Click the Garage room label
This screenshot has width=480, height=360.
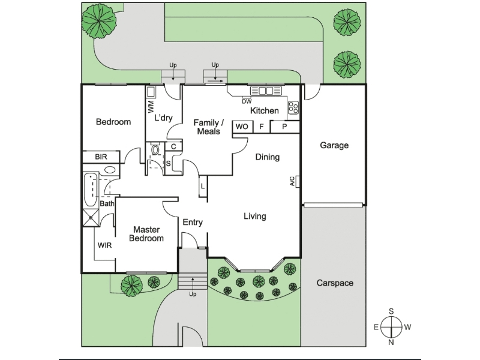point(334,145)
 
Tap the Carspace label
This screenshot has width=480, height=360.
point(335,283)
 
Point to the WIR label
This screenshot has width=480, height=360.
point(105,245)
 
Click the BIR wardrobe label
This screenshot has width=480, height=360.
point(101,157)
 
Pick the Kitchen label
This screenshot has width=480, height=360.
point(264,111)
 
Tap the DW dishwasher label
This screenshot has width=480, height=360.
point(247,101)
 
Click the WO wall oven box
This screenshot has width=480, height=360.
point(242,127)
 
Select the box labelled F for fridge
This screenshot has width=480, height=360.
point(261,127)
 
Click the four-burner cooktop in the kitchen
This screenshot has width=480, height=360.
point(293,108)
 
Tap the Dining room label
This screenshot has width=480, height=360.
point(268,158)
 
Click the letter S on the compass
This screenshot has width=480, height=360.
point(391,311)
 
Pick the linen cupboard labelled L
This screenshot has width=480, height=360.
point(203,187)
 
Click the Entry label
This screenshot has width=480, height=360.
point(193,223)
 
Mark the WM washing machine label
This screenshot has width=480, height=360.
point(151,108)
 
